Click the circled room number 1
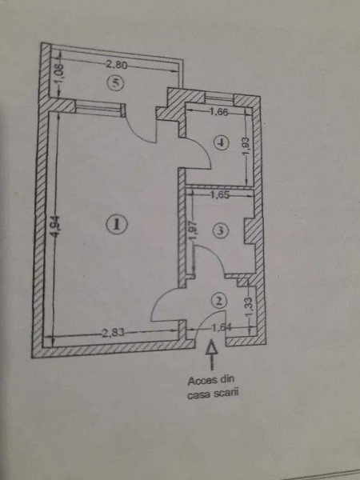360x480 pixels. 116,225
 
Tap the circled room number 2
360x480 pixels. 219,301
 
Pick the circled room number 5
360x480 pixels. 116,82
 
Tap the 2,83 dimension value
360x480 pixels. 113,333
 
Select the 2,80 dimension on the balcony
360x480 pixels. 116,65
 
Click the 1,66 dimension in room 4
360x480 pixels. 218,112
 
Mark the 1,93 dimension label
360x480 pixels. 246,146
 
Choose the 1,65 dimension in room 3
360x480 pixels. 219,195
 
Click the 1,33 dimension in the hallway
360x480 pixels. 250,307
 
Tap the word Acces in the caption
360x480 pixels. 199,381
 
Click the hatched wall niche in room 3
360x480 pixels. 250,231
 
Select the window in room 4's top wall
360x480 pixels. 219,98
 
